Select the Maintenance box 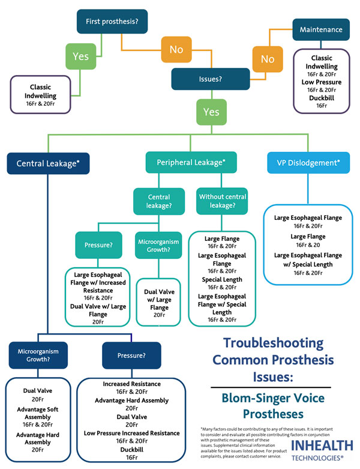pos(322,29)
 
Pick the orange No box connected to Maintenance pos(267,59)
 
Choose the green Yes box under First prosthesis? pos(80,56)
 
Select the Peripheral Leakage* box pos(191,163)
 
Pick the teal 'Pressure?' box pos(99,246)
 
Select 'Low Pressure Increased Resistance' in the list pos(131,432)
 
